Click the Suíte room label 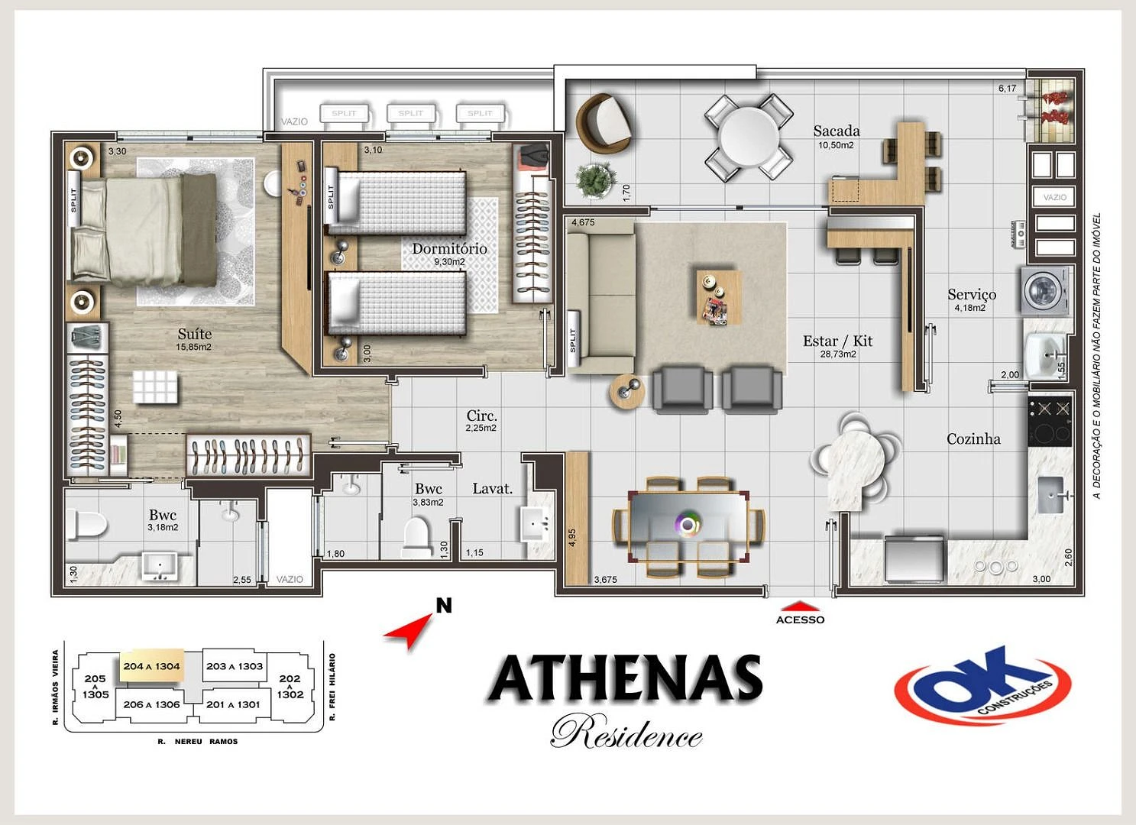coord(194,334)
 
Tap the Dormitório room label coord(449,248)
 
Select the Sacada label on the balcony coord(836,131)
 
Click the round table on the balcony coord(748,137)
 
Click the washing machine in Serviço coord(1044,290)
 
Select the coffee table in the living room coord(717,296)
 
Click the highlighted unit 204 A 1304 coord(151,666)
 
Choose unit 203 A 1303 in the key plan coord(235,666)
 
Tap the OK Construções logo coord(982,685)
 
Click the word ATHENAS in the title coord(626,679)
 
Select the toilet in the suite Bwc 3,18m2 coord(86,526)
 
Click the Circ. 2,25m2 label coord(481,416)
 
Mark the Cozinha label coord(973,438)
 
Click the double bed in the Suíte coord(145,230)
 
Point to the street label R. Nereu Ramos coord(198,741)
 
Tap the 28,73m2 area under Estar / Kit coord(837,354)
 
